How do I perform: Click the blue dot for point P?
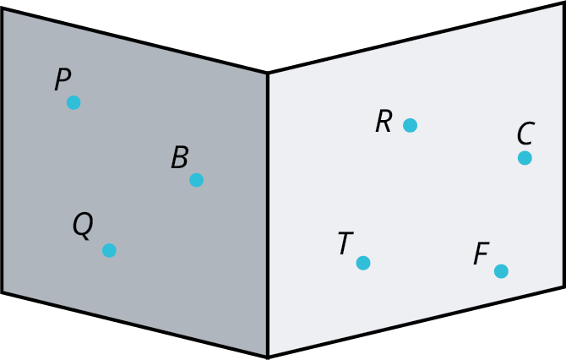(x=73, y=102)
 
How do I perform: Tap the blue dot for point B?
(x=196, y=180)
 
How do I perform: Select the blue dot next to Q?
(x=109, y=250)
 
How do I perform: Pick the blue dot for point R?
(x=410, y=125)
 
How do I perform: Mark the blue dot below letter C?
(x=525, y=158)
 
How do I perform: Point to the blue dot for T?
(x=363, y=263)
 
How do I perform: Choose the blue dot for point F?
(x=501, y=271)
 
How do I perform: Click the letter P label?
(x=63, y=79)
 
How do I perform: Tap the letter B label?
(x=180, y=157)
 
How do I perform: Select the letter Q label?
(x=83, y=226)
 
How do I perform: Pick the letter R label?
(x=384, y=122)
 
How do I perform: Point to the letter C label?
(x=525, y=134)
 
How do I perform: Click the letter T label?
(x=346, y=243)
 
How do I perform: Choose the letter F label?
(x=482, y=254)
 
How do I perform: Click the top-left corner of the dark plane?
(x=3, y=8)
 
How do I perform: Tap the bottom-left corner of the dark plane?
(x=3, y=292)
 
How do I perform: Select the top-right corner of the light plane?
(x=563, y=3)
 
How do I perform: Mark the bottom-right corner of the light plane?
(x=563, y=286)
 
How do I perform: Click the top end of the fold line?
(x=268, y=74)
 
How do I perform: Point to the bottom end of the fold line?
(x=268, y=357)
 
